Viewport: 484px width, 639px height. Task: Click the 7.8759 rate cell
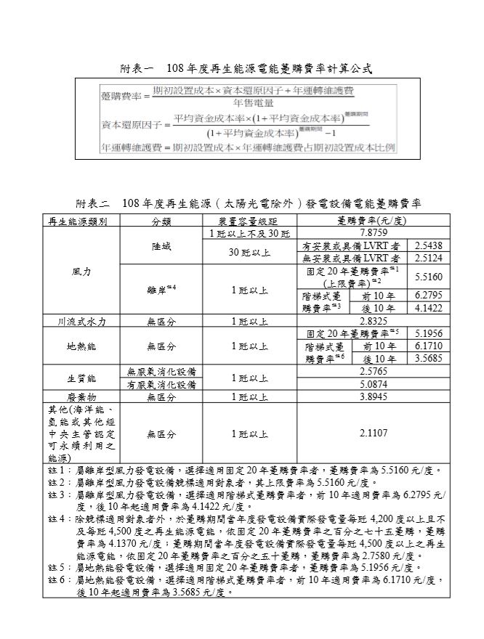coord(374,234)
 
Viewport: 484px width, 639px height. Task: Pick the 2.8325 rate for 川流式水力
coord(374,321)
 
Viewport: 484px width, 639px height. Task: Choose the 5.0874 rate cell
coord(374,384)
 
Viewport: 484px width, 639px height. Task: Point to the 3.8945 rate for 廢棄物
coord(374,396)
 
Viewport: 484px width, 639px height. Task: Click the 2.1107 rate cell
coord(374,434)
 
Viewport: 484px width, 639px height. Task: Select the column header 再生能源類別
coord(78,221)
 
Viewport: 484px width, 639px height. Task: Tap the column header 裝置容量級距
coord(249,221)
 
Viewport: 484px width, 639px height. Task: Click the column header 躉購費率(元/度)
coord(374,221)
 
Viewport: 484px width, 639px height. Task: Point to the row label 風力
coord(81,271)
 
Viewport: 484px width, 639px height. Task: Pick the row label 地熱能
coord(81,346)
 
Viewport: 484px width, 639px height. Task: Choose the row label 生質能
coord(81,378)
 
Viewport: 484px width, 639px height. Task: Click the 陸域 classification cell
coord(161,247)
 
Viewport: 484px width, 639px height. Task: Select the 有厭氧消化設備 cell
coord(161,384)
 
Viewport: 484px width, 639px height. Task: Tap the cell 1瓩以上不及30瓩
coord(249,234)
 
